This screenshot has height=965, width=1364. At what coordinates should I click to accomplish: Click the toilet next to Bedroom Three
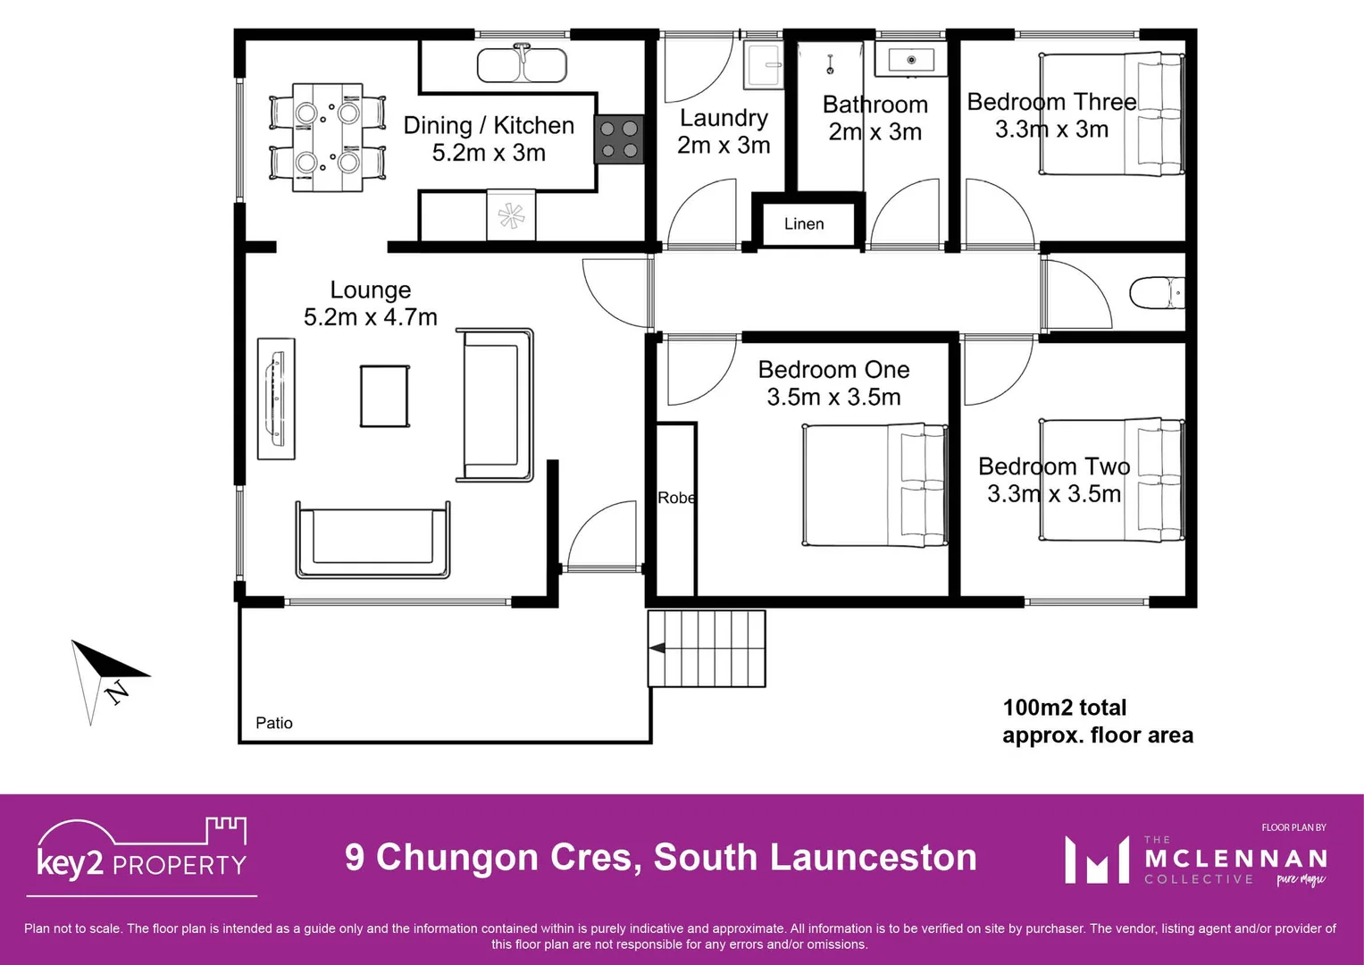(x=1156, y=292)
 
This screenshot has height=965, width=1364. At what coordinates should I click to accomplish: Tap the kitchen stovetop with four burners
(x=618, y=139)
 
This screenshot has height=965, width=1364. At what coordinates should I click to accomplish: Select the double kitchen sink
(x=522, y=65)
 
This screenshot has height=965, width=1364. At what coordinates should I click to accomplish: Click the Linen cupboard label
(x=804, y=223)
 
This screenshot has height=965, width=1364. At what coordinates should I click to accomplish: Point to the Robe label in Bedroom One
(x=676, y=498)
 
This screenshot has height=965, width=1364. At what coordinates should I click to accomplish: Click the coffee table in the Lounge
(x=385, y=396)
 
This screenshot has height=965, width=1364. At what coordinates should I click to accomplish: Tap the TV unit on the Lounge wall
(x=276, y=399)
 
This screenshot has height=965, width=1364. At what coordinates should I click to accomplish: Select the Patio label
(x=274, y=723)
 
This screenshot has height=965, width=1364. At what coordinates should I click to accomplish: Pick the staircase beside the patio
(x=707, y=649)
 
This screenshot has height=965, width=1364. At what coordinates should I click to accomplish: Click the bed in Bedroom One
(x=874, y=485)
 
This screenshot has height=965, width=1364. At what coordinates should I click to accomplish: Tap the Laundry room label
(x=724, y=118)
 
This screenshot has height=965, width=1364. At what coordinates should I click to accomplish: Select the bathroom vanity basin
(x=910, y=61)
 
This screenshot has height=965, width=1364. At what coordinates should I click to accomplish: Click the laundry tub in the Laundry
(x=764, y=65)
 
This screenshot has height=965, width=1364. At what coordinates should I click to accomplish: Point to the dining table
(x=327, y=138)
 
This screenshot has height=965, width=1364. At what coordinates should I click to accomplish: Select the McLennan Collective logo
(x=1195, y=860)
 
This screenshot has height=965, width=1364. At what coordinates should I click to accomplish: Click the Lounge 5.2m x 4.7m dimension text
(x=371, y=317)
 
